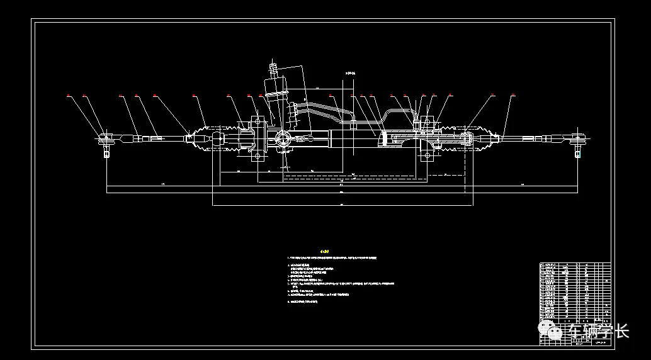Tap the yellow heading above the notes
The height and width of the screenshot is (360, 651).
325,250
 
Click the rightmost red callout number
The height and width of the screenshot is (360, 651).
512,96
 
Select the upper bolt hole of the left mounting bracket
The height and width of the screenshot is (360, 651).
256,120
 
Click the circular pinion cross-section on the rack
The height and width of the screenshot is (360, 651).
283,138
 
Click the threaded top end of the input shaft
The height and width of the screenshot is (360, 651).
274,66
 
